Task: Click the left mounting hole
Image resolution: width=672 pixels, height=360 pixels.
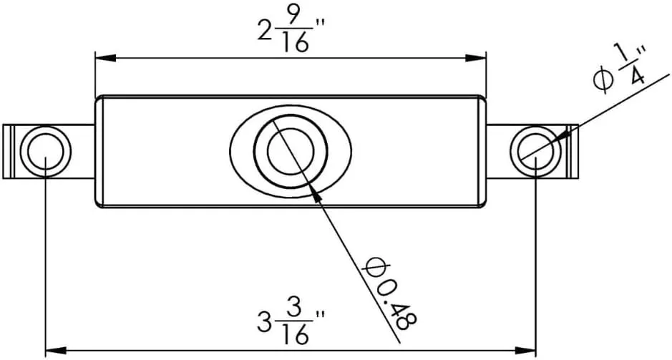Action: click(45, 151)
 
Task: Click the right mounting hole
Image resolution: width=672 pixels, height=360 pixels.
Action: click(536, 151)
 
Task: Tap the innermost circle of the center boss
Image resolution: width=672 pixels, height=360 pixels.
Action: click(291, 151)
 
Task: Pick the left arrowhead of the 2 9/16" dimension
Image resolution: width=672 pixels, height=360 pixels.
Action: click(105, 57)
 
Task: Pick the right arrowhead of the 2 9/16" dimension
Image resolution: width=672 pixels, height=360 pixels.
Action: click(476, 57)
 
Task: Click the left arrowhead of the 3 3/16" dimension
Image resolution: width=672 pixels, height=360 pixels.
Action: click(56, 351)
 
